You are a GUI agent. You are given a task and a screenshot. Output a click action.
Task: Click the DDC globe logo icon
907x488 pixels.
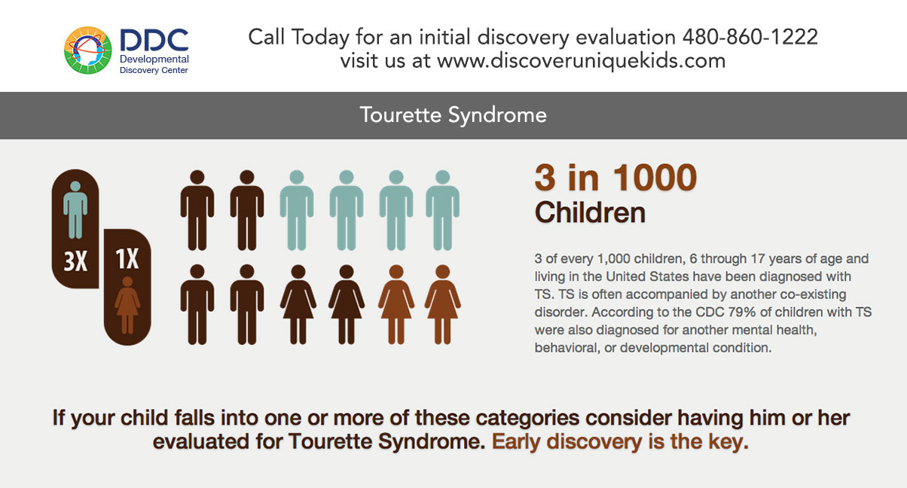pos(88,50)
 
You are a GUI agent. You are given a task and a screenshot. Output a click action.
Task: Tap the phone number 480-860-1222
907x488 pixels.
pos(750,37)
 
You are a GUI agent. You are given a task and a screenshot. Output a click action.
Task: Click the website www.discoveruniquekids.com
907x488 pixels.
pos(581,61)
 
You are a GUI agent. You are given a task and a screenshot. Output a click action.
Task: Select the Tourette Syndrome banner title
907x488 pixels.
pos(453,115)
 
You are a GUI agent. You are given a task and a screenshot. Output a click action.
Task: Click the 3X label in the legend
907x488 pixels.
pos(75,261)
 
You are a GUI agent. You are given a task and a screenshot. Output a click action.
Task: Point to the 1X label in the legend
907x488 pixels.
pos(127,259)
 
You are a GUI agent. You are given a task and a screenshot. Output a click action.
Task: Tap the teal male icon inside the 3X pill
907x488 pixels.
pos(75,209)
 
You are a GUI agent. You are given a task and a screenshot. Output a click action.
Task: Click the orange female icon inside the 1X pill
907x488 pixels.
pos(127,306)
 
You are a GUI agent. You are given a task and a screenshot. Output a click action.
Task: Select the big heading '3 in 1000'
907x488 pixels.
pos(615,178)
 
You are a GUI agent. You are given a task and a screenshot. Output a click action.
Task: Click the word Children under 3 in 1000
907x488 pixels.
pos(590,212)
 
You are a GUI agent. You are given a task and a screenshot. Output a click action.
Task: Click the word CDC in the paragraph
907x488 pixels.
pos(710,312)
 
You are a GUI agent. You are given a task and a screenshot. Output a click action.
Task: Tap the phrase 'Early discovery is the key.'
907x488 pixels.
pos(620,441)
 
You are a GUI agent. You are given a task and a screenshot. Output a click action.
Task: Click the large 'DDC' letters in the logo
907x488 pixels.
pos(154,41)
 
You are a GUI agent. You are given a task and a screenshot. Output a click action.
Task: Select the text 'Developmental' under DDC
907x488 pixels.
pos(154,59)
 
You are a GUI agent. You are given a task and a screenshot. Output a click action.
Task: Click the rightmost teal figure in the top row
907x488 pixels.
pos(442,210)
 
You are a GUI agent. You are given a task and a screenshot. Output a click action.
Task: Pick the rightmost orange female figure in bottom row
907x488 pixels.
pos(442,305)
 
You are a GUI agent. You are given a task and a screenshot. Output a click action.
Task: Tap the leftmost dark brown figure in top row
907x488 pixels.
pos(197,210)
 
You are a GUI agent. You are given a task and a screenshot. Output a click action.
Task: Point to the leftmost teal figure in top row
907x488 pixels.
pos(297,210)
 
